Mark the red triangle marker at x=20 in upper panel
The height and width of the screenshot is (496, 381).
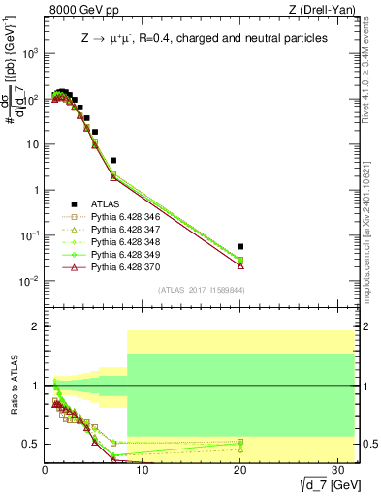(240, 265)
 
